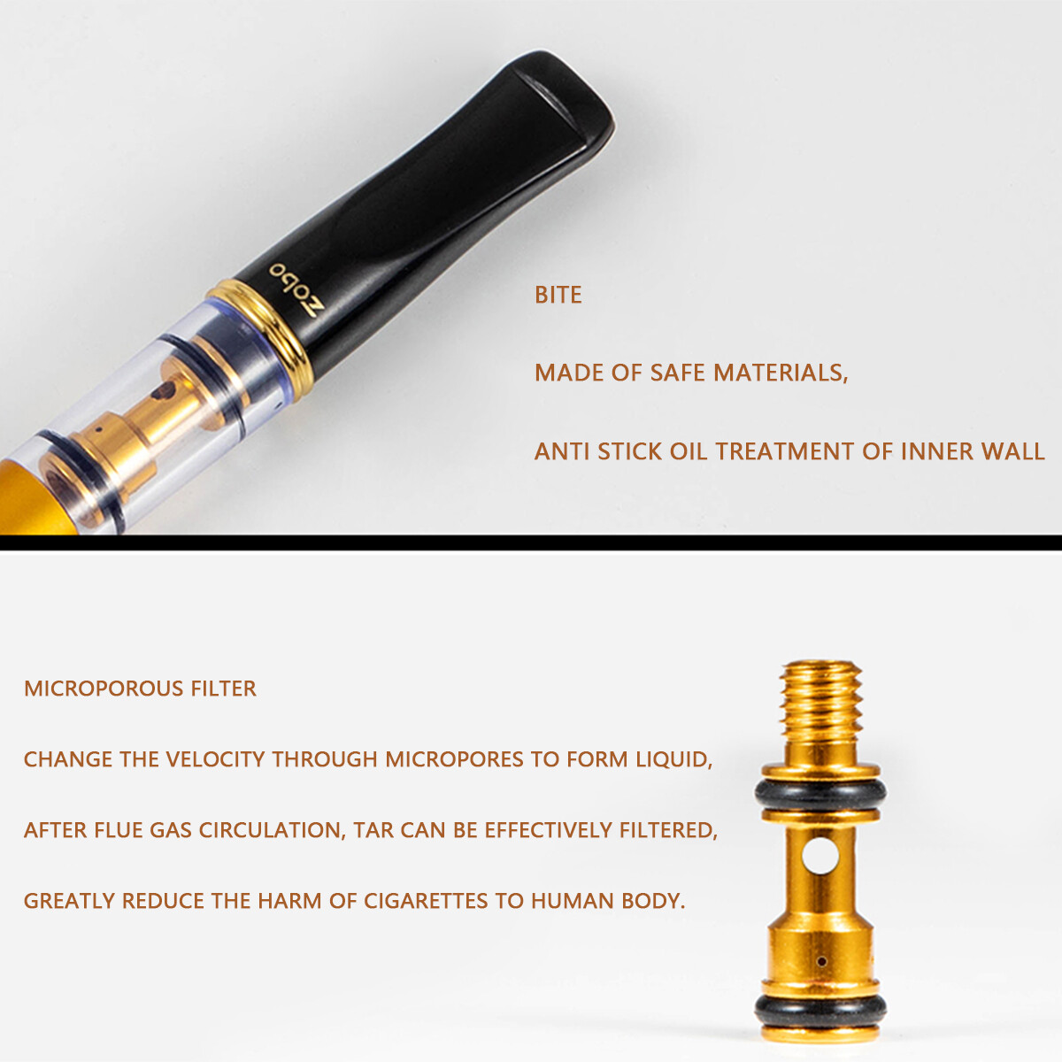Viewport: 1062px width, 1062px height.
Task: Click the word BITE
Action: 558,295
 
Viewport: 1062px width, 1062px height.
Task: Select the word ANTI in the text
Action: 562,451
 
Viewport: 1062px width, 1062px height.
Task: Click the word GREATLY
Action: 69,901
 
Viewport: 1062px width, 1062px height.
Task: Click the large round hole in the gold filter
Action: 820,856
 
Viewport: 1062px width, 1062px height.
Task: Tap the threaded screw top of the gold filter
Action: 821,704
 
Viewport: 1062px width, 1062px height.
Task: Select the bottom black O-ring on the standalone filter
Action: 820,1007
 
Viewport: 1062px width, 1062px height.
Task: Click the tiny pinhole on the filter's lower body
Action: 821,961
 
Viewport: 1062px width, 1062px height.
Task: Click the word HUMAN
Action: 573,901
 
